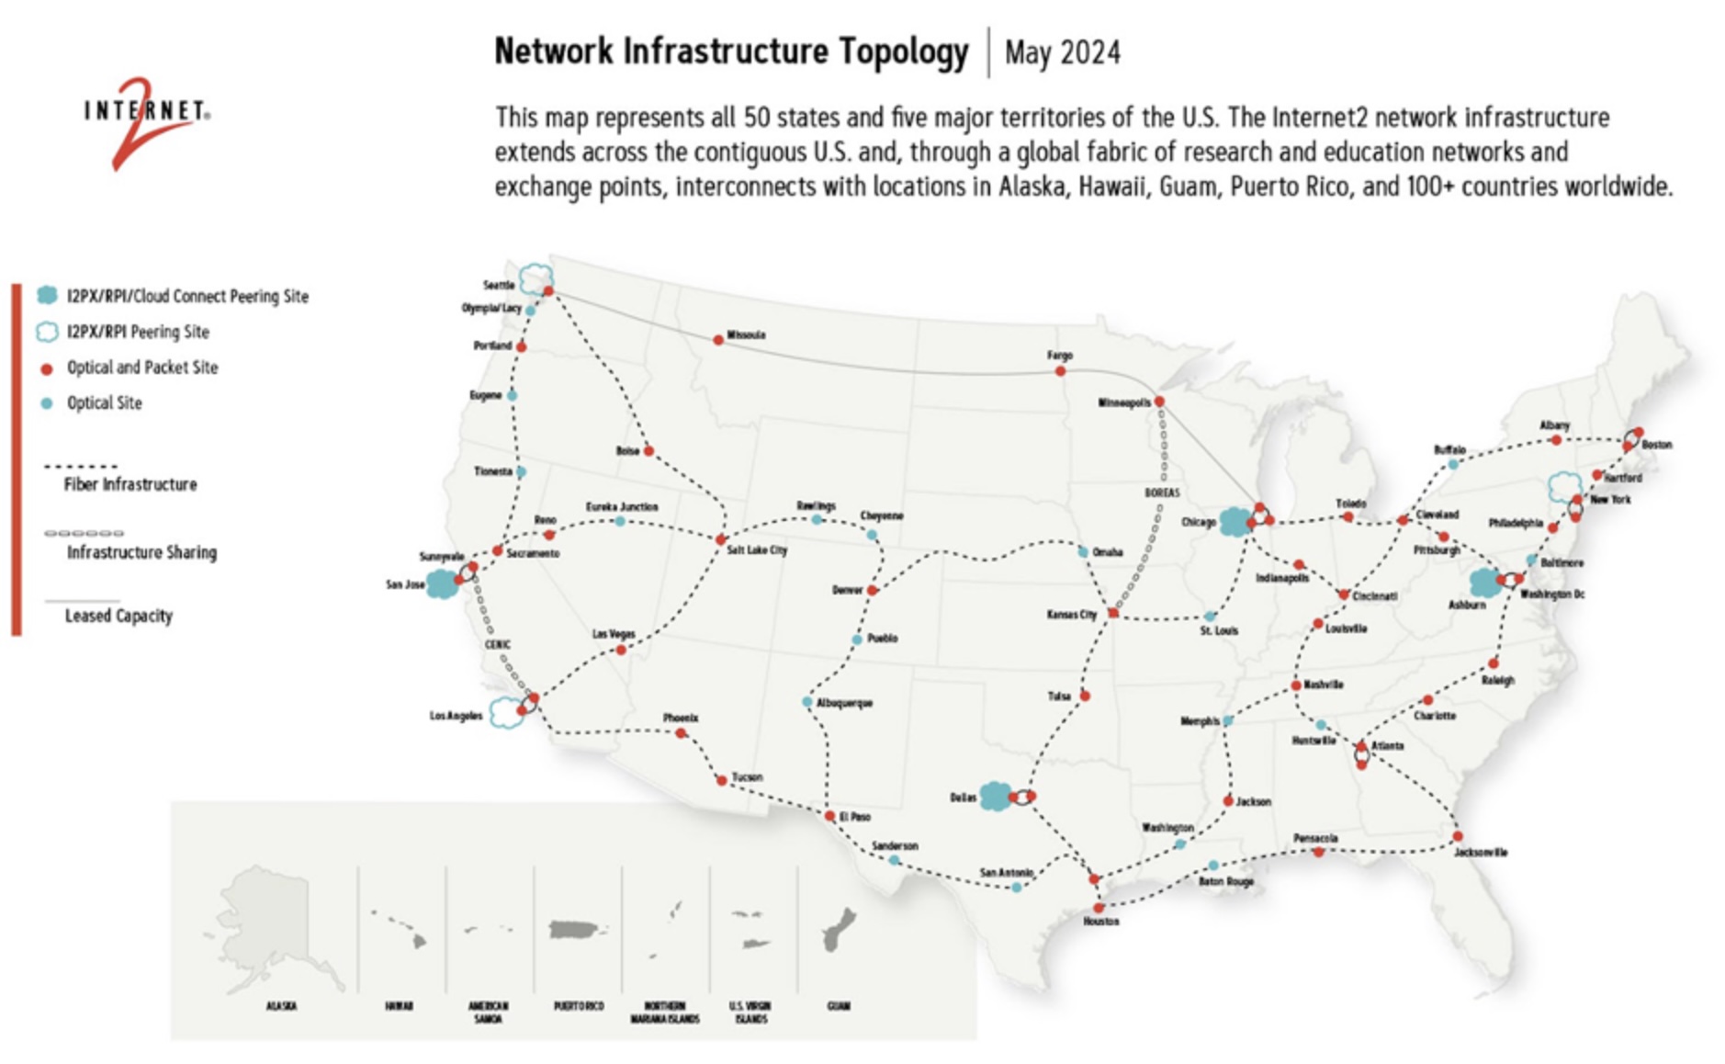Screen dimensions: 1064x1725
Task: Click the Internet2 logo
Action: click(147, 119)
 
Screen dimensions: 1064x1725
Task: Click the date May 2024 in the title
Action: click(1062, 52)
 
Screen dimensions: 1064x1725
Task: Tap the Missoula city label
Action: click(746, 335)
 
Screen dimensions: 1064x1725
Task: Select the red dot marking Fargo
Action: click(1060, 371)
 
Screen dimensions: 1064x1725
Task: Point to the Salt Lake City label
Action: click(757, 550)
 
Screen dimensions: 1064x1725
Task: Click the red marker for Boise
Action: click(648, 451)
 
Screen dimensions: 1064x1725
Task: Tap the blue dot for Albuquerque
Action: click(807, 702)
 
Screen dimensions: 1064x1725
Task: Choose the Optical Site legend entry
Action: click(104, 403)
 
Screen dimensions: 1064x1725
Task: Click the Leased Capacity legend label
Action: click(118, 616)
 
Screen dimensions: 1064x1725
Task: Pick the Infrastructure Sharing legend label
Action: click(141, 552)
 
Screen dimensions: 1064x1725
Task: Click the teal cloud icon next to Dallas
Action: click(995, 796)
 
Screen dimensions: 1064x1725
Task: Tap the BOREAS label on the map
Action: click(1162, 493)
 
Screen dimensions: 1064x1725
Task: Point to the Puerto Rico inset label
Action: click(579, 1006)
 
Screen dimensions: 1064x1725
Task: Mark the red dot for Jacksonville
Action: click(1458, 836)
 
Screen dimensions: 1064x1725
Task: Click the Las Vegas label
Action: click(613, 634)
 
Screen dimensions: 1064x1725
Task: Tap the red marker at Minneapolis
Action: click(1159, 402)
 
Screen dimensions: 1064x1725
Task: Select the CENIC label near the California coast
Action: click(497, 645)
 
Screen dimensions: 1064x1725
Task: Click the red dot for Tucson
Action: click(722, 780)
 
